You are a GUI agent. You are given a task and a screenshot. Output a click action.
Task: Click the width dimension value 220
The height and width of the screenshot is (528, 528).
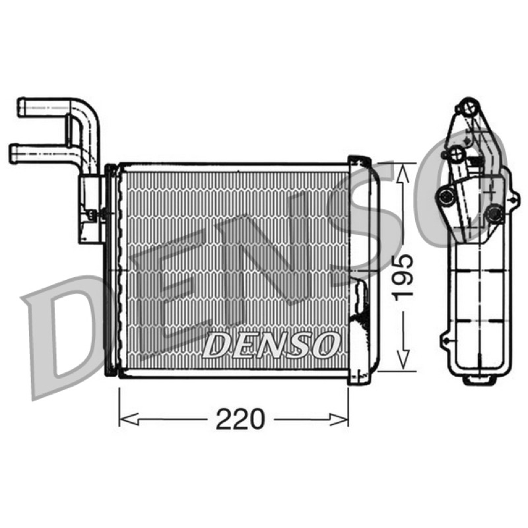coord(240,419)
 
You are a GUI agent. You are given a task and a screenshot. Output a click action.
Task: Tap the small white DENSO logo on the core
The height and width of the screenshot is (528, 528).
coord(271,345)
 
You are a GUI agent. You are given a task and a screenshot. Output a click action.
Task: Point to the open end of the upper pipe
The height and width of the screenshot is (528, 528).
coord(21,107)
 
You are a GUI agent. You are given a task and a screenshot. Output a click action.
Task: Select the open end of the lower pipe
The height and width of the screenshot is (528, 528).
coord(13,154)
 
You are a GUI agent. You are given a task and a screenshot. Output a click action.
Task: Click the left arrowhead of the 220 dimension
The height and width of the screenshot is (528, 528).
coord(128,420)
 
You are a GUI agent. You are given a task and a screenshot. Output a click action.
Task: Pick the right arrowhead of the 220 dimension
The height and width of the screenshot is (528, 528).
coord(339,420)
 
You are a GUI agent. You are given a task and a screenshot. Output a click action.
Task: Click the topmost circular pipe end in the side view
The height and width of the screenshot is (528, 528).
coord(469,107)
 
